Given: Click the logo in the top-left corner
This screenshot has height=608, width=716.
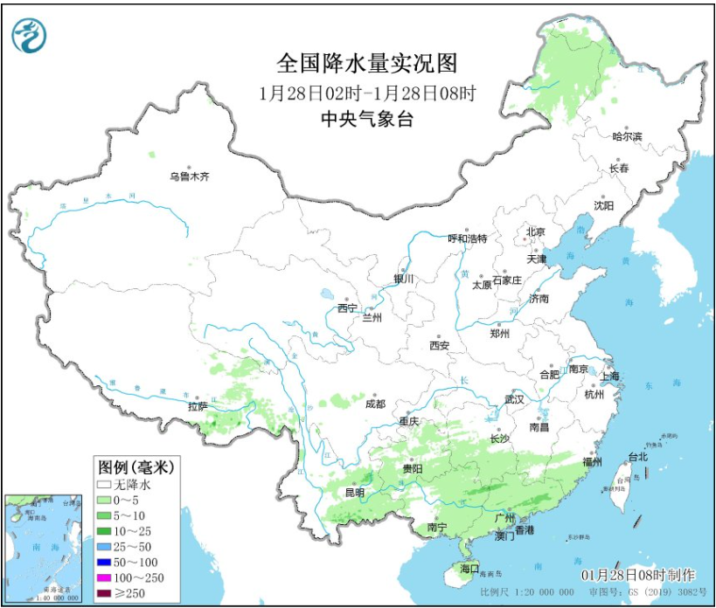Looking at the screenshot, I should click(x=28, y=34).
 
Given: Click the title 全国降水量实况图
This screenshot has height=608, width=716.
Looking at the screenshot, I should click(x=366, y=63).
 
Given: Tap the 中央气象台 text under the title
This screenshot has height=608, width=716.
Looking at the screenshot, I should click(x=366, y=120).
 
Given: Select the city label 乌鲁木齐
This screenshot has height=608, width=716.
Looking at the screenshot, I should click(x=190, y=176).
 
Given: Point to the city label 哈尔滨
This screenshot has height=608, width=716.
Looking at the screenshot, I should click(x=627, y=137).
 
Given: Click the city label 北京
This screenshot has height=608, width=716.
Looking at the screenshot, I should click(x=535, y=231).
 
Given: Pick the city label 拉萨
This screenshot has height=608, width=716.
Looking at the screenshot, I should click(x=198, y=406).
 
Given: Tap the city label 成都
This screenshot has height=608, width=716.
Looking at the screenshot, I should click(x=375, y=404).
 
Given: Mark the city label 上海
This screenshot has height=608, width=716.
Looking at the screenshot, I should click(x=610, y=376).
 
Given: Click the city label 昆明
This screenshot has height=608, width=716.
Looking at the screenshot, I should click(x=354, y=493).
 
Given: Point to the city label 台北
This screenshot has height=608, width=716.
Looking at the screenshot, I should click(x=637, y=457).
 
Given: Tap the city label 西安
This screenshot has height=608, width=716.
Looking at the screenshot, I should click(x=439, y=346).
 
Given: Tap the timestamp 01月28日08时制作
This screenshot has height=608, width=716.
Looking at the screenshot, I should click(x=638, y=574).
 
